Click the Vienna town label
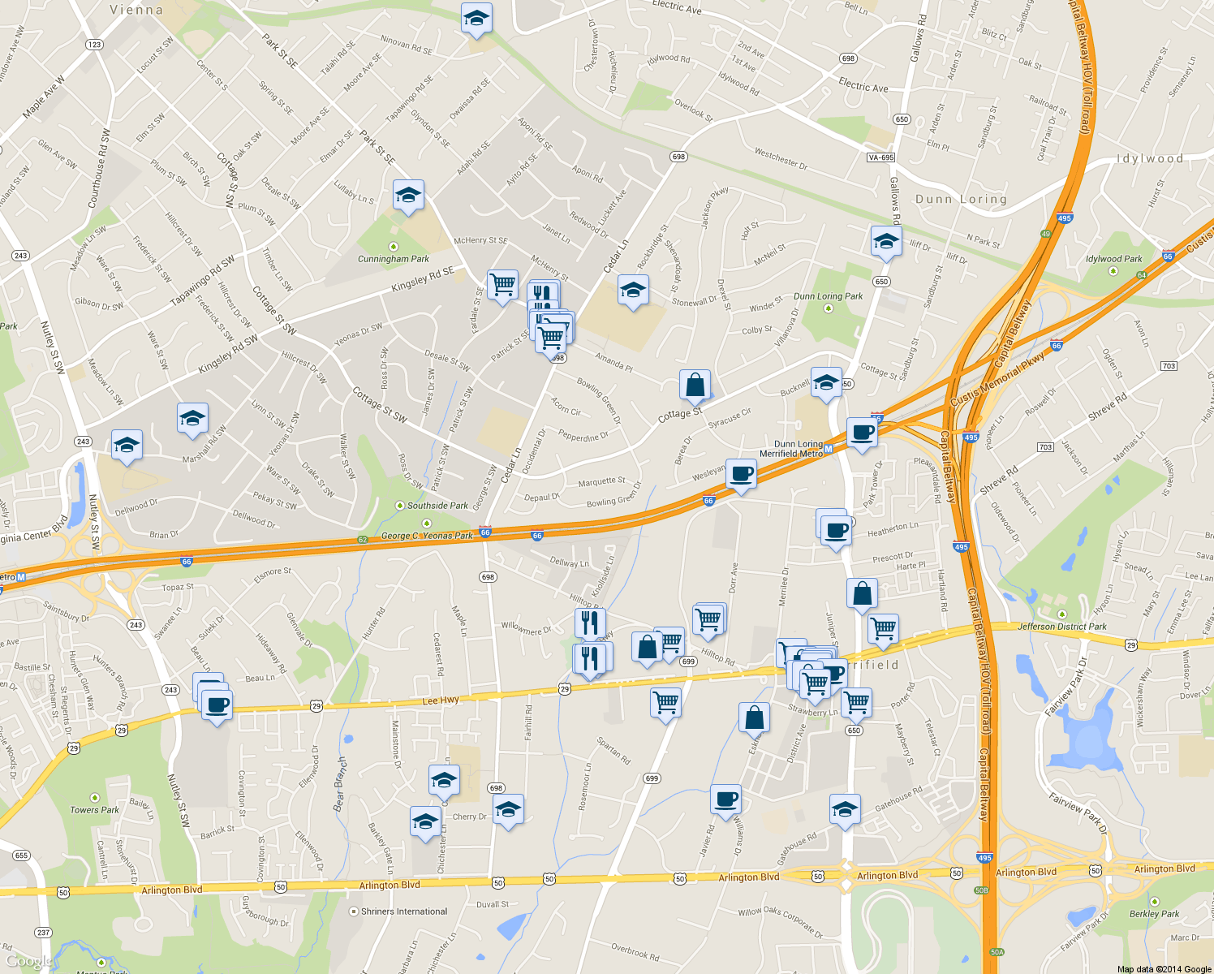click(136, 11)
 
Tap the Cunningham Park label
click(394, 259)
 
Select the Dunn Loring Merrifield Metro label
click(791, 449)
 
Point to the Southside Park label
click(437, 506)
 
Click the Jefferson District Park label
click(1061, 627)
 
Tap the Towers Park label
click(94, 810)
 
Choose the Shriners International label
click(404, 912)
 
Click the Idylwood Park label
click(1113, 259)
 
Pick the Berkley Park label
click(1154, 914)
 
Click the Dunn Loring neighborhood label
click(961, 199)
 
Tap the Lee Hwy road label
click(441, 700)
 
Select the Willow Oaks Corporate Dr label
click(780, 922)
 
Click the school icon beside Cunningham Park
click(408, 195)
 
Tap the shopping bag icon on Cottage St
click(695, 386)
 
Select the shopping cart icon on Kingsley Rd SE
click(503, 285)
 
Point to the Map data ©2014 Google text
click(1164, 969)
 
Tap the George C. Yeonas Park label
click(427, 536)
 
